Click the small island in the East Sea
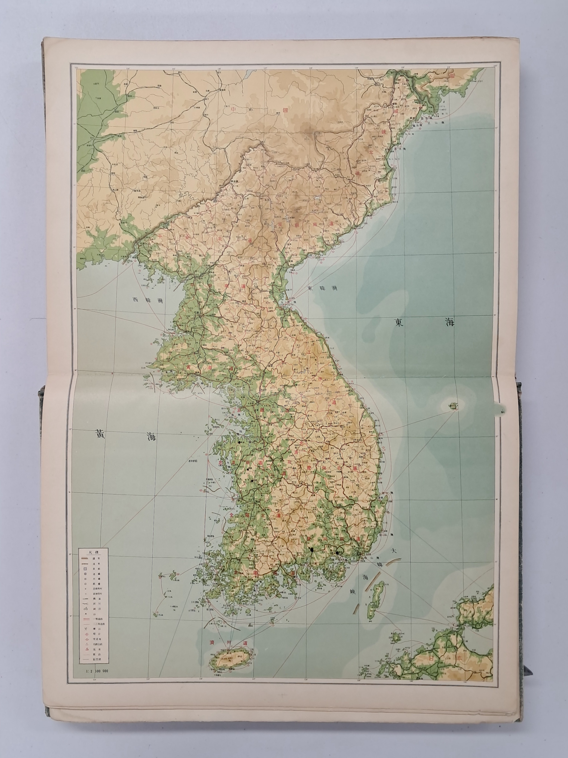(x=454, y=407)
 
